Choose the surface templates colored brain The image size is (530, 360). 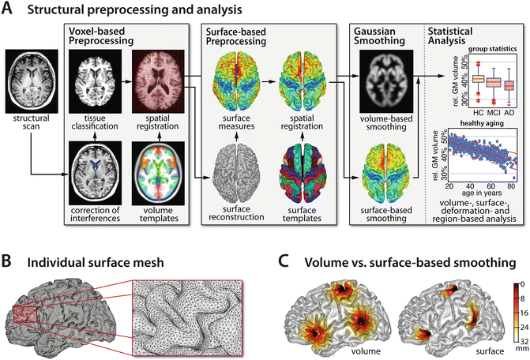tap(300, 172)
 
